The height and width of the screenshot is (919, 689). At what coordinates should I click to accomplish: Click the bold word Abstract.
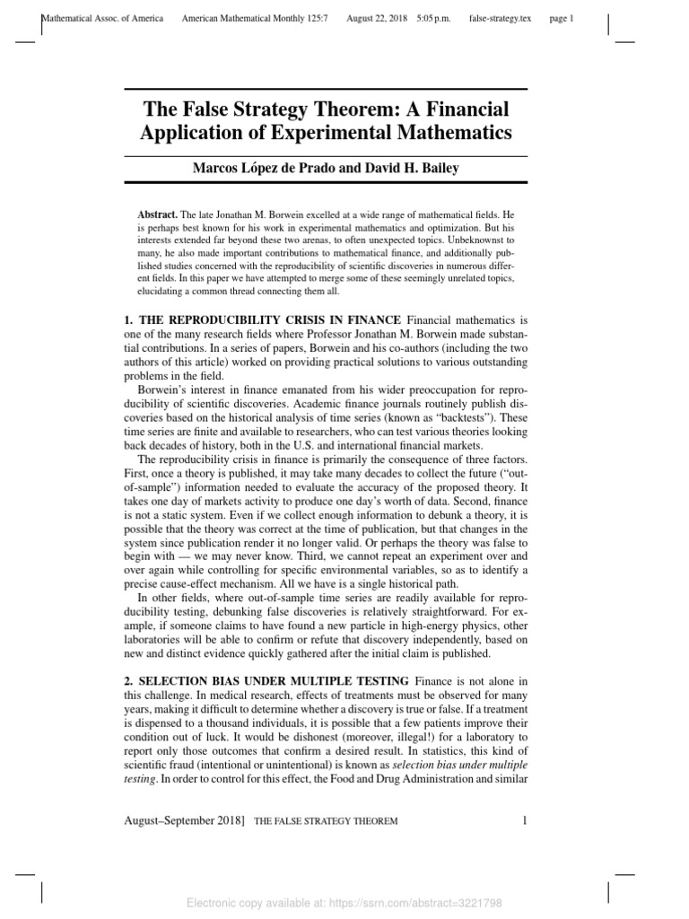pos(157,215)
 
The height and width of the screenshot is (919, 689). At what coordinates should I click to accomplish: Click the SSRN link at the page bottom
pos(344,903)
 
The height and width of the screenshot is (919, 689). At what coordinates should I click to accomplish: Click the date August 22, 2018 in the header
pos(377,18)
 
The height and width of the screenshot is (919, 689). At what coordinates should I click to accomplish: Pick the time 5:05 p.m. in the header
pos(434,18)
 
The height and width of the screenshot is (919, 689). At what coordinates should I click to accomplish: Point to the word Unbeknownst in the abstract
pos(484,241)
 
